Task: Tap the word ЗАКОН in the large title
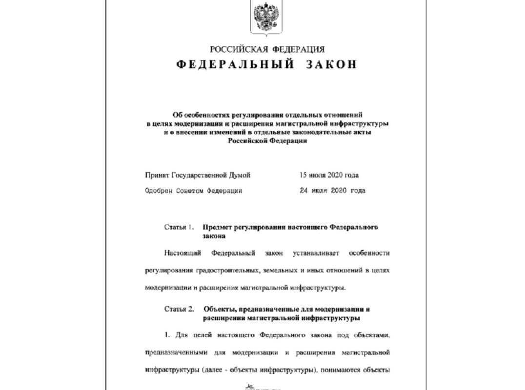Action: pyautogui.click(x=332, y=65)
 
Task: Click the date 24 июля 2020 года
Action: pyautogui.click(x=332, y=191)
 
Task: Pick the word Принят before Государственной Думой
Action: pyautogui.click(x=157, y=175)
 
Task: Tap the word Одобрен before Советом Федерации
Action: pyautogui.click(x=159, y=191)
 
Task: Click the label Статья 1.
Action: pyautogui.click(x=180, y=227)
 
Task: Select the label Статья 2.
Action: pyautogui.click(x=180, y=310)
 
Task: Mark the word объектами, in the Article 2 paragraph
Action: pyautogui.click(x=368, y=335)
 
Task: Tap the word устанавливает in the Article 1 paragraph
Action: pyautogui.click(x=316, y=253)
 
